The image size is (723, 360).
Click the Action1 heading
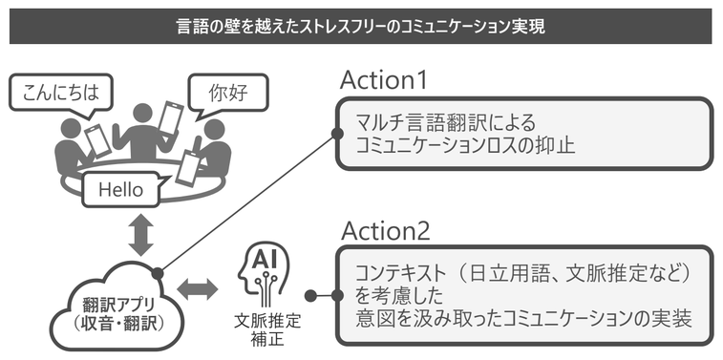[x=384, y=80]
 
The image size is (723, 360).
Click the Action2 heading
[x=386, y=231]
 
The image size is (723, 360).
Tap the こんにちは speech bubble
[x=60, y=94]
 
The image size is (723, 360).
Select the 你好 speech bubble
[x=228, y=94]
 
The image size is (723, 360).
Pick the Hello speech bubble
[x=121, y=189]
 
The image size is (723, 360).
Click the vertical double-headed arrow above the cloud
[x=140, y=235]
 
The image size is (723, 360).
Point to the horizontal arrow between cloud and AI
[x=198, y=289]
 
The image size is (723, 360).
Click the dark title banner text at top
[x=361, y=27]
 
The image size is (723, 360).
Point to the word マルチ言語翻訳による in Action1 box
[x=446, y=123]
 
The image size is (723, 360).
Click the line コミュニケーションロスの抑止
[x=465, y=147]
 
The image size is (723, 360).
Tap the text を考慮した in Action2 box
[x=399, y=295]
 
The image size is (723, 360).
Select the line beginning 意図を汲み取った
[x=523, y=319]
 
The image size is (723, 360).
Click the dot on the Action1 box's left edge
[x=337, y=134]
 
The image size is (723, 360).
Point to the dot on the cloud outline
[x=158, y=273]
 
